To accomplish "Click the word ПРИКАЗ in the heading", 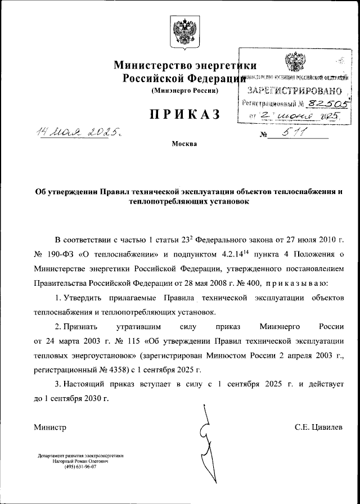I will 184,115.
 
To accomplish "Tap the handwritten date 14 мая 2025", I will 79,133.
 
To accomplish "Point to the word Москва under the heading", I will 184,144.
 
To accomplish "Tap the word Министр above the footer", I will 50,427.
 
